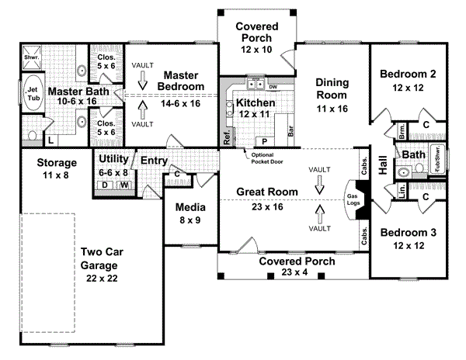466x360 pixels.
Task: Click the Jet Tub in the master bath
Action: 34,92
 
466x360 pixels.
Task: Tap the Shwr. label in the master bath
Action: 32,57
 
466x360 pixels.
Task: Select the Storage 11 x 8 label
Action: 56,169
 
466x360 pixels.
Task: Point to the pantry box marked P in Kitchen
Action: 264,142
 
